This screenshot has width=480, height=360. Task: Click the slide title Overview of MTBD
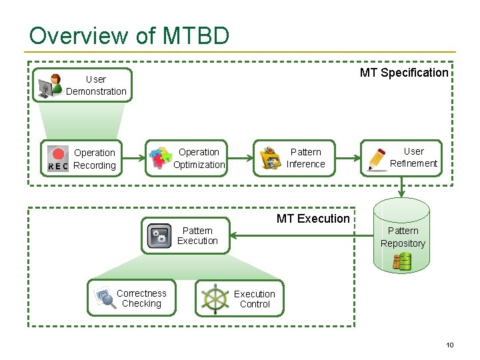pyautogui.click(x=129, y=35)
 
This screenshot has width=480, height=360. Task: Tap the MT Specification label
pyautogui.click(x=404, y=73)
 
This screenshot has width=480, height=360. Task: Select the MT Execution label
pyautogui.click(x=313, y=219)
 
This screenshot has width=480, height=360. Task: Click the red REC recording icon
pyautogui.click(x=58, y=159)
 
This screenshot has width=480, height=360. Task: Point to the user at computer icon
pyautogui.click(x=50, y=86)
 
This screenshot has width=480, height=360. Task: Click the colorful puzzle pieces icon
pyautogui.click(x=160, y=159)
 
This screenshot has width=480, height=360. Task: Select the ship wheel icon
pyautogui.click(x=215, y=298)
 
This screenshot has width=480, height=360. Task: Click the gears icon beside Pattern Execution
pyautogui.click(x=159, y=236)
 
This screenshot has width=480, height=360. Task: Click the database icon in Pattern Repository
pyautogui.click(x=402, y=261)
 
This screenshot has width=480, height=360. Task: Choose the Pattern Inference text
pyautogui.click(x=306, y=158)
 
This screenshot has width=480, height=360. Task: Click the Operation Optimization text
pyautogui.click(x=199, y=158)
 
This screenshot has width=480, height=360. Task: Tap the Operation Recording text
pyautogui.click(x=94, y=159)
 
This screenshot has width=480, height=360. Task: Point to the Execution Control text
pyautogui.click(x=255, y=299)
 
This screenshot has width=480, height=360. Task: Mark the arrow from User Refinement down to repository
pyautogui.click(x=401, y=187)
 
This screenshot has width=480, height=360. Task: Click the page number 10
pyautogui.click(x=449, y=345)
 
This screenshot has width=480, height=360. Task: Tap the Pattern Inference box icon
pyautogui.click(x=269, y=159)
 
